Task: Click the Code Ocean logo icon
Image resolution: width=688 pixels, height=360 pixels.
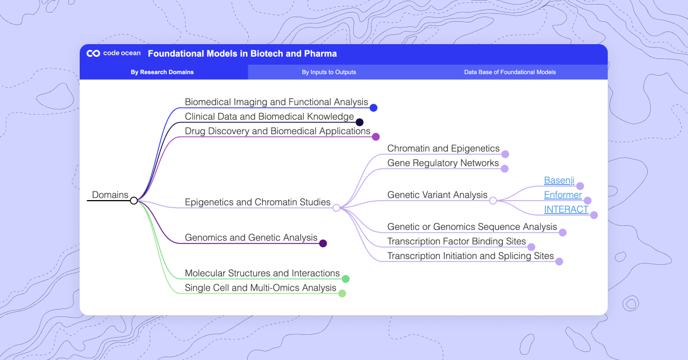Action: tap(93, 54)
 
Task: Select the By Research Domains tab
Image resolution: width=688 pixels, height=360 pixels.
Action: tap(162, 72)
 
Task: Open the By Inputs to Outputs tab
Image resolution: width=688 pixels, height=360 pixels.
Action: tap(329, 72)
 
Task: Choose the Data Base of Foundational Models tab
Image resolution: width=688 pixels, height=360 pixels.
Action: tap(510, 72)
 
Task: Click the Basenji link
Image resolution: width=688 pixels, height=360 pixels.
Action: tap(559, 181)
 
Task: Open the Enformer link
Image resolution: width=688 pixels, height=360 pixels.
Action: tap(562, 195)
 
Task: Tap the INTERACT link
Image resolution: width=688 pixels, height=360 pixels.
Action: tap(566, 209)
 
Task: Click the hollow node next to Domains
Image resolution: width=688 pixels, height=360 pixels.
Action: tap(134, 201)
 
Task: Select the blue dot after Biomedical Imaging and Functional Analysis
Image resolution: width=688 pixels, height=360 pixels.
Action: tap(374, 107)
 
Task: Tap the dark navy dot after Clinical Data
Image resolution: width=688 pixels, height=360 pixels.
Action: tap(359, 122)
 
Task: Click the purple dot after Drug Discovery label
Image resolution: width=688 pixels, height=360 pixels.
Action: tap(376, 136)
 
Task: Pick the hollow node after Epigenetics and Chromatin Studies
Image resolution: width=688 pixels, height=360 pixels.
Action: tap(337, 208)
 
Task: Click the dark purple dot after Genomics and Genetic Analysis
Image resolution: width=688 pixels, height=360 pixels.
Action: tap(323, 243)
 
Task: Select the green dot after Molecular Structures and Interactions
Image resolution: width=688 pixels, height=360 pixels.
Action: tap(346, 279)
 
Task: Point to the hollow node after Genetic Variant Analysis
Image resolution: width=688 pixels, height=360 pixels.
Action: tap(493, 201)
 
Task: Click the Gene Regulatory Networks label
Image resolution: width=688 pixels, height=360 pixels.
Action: tap(443, 163)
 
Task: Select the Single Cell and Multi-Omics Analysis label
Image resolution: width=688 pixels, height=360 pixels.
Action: tap(260, 288)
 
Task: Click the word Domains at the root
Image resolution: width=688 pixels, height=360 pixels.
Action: tap(110, 195)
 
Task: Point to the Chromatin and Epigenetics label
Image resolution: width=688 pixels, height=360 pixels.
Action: tap(443, 148)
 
